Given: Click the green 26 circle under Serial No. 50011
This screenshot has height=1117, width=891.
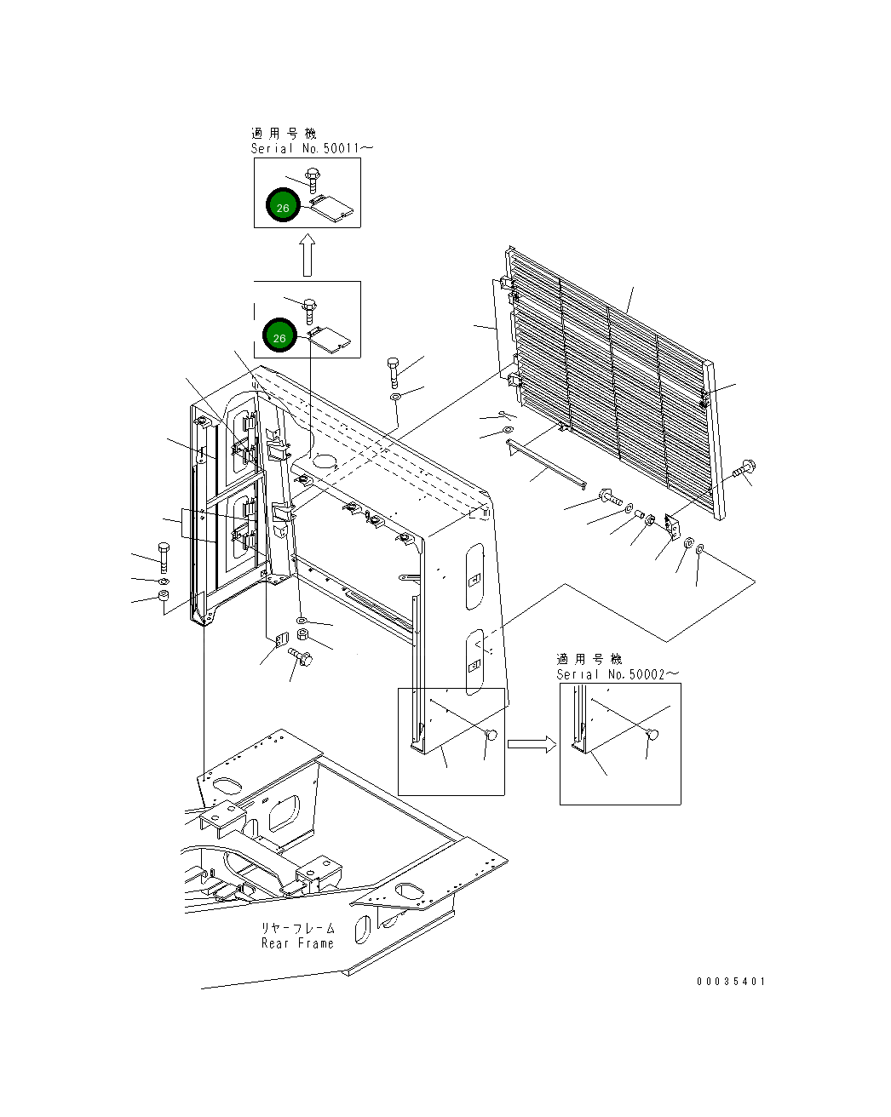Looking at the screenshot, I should pyautogui.click(x=283, y=207).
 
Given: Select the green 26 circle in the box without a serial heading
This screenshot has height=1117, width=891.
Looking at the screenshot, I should pyautogui.click(x=279, y=337).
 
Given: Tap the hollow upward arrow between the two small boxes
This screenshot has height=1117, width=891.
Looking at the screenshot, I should pyautogui.click(x=308, y=255).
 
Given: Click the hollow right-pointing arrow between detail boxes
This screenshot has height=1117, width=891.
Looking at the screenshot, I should pyautogui.click(x=532, y=745).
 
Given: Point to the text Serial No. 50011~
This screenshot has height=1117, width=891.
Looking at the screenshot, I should pyautogui.click(x=312, y=148).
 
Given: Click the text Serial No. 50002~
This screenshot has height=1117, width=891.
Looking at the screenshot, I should pyautogui.click(x=618, y=674).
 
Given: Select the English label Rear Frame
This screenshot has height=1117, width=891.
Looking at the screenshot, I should pyautogui.click(x=297, y=943).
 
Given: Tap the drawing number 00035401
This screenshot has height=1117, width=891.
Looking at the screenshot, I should pyautogui.click(x=730, y=982).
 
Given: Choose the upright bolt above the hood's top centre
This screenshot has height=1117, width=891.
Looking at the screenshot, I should pyautogui.click(x=392, y=371).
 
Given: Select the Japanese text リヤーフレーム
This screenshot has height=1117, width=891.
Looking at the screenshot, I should pyautogui.click(x=298, y=928).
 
